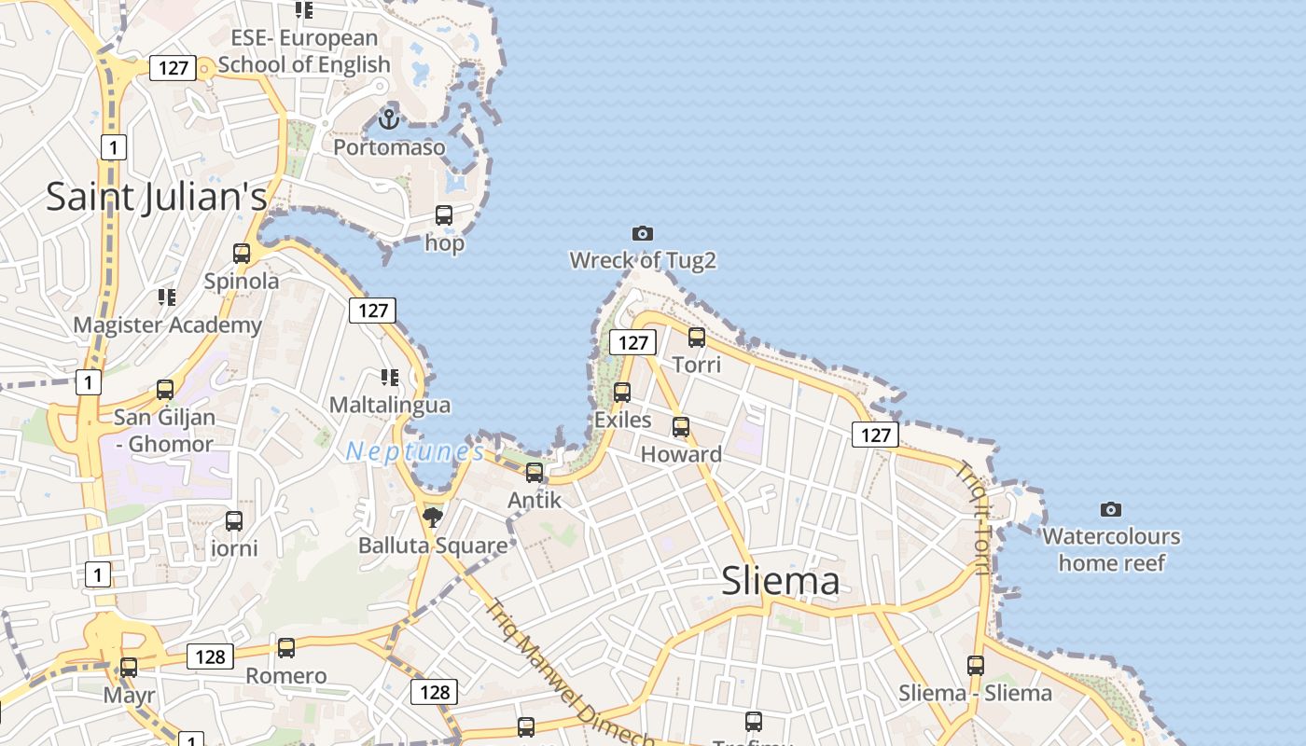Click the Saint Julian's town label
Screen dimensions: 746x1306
[x=156, y=197]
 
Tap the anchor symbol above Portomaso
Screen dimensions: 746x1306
[x=389, y=119]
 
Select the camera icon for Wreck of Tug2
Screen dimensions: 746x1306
[x=642, y=233]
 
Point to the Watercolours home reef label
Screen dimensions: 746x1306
[x=1111, y=549]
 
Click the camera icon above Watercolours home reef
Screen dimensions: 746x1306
[x=1110, y=509]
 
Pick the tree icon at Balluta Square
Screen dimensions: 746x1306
[x=432, y=517]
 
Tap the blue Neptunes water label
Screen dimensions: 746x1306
[x=415, y=452]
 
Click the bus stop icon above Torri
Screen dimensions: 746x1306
[x=697, y=338]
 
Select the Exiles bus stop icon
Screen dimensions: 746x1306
[x=622, y=393]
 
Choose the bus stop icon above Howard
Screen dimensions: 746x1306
[x=681, y=427]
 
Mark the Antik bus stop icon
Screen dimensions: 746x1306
[x=535, y=473]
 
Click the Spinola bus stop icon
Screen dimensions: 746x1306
[x=242, y=254]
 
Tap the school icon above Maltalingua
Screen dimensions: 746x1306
[x=389, y=378]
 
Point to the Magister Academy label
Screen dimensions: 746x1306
[x=168, y=325]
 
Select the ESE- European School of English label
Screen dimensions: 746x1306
[x=304, y=51]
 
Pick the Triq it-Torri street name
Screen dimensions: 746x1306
[x=971, y=517]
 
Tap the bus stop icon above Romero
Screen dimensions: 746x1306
[x=286, y=648]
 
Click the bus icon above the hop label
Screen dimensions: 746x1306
[x=444, y=215]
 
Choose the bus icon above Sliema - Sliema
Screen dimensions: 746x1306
[x=976, y=666]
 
